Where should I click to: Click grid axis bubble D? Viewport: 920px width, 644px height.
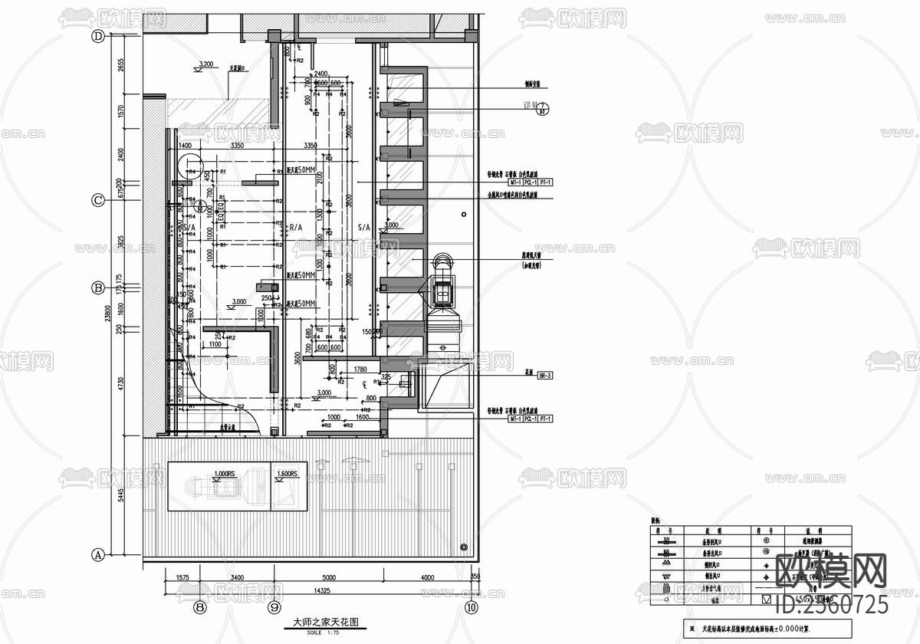[98, 36]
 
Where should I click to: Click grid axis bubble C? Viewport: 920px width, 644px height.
[98, 201]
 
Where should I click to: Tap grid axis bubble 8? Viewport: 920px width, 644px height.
[200, 607]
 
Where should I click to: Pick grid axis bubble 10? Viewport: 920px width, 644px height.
[471, 607]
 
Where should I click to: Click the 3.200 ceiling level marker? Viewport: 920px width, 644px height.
[205, 64]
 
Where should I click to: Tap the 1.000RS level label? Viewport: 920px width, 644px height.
[225, 473]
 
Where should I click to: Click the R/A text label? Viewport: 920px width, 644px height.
[295, 228]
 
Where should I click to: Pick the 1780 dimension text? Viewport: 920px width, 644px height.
[361, 370]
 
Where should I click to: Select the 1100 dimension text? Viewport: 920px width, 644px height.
[214, 345]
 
